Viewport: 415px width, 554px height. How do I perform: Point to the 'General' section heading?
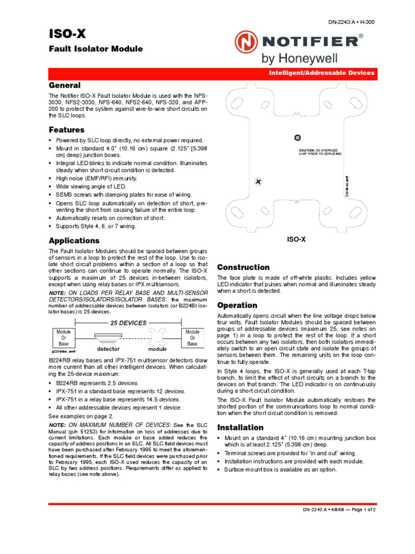pyautogui.click(x=65, y=85)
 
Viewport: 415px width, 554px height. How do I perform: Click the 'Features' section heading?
pyautogui.click(x=66, y=130)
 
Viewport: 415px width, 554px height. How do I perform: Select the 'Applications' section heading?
pyautogui.click(x=74, y=240)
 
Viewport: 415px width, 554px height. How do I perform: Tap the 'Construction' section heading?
pyautogui.click(x=243, y=267)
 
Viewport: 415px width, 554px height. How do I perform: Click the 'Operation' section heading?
pyautogui.click(x=237, y=305)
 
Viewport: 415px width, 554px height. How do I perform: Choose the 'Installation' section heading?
pyautogui.click(x=240, y=427)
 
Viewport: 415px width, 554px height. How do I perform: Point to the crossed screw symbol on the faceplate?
pyautogui.click(x=258, y=181)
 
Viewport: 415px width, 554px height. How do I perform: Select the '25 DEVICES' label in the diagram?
pyautogui.click(x=128, y=323)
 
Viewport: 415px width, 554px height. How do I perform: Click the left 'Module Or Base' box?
pyautogui.click(x=63, y=338)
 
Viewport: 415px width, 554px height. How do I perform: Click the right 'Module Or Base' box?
pyautogui.click(x=192, y=338)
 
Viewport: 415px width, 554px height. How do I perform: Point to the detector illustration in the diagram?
pyautogui.click(x=109, y=339)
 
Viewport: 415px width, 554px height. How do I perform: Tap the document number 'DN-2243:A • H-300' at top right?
pyautogui.click(x=351, y=22)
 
